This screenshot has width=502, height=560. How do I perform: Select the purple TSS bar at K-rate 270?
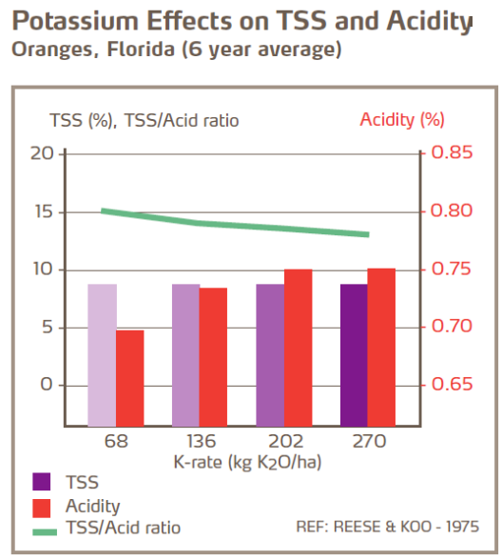354,354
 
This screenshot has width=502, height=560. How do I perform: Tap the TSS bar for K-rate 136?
185,354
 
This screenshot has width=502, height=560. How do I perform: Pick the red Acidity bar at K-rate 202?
298,348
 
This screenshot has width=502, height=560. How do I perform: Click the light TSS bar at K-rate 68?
102,354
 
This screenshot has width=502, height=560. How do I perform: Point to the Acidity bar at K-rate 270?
381,348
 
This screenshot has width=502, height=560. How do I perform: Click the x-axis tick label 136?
201,442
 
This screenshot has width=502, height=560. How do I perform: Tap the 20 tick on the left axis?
42,152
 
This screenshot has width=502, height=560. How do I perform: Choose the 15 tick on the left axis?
42,210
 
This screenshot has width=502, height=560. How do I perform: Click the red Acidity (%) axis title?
402,120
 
